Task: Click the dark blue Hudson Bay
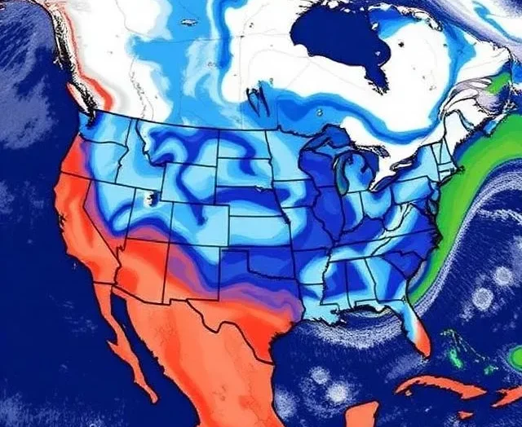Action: (x=338, y=37)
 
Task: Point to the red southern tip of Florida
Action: (x=421, y=342)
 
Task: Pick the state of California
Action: (x=77, y=212)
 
